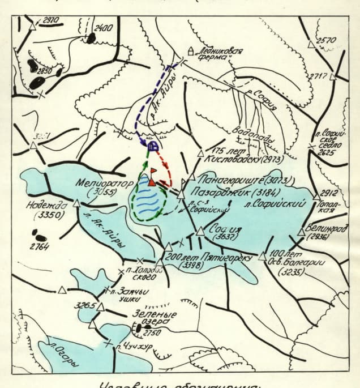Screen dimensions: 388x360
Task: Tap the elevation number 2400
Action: click(104, 28)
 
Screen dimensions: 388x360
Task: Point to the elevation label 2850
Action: click(44, 71)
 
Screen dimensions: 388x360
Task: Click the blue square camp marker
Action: click(151, 146)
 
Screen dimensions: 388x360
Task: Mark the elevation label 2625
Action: click(328, 152)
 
